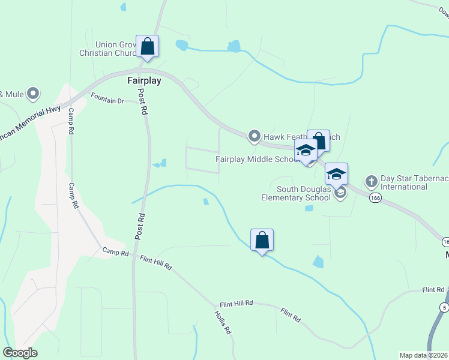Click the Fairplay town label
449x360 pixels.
pyautogui.click(x=144, y=80)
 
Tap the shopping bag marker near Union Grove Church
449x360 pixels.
pyautogui.click(x=148, y=46)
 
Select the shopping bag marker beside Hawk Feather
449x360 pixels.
pyautogui.click(x=318, y=141)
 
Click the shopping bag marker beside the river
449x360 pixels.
pyautogui.click(x=262, y=240)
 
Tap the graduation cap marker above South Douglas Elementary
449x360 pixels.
pyautogui.click(x=337, y=174)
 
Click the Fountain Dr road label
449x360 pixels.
pyautogui.click(x=107, y=98)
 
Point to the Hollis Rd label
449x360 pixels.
pyautogui.click(x=223, y=322)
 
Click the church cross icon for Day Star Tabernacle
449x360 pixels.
pyautogui.click(x=371, y=180)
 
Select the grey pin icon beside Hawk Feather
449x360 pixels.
pyautogui.click(x=255, y=137)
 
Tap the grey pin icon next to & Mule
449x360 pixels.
pyautogui.click(x=34, y=94)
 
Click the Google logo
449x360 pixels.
pyautogui.click(x=20, y=353)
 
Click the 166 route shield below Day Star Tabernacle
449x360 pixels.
pyautogui.click(x=375, y=197)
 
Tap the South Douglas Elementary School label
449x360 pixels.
pyautogui.click(x=295, y=193)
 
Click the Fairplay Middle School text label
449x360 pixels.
pyautogui.click(x=257, y=159)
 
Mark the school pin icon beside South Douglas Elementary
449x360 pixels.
pyautogui.click(x=340, y=193)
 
